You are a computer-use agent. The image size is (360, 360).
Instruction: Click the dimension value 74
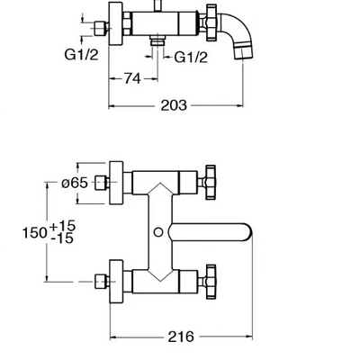coord(132,78)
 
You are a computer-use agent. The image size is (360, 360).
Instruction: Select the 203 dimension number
coord(174,105)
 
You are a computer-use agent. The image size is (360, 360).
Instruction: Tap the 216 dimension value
coord(181,337)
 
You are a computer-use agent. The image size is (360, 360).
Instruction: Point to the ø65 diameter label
coord(75,183)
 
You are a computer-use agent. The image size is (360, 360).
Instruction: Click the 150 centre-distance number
coord(35,232)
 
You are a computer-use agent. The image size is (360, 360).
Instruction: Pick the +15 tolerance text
coord(62,226)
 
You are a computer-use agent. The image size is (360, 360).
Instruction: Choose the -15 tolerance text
coord(62,238)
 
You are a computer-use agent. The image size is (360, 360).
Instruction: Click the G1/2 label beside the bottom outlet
coord(191,57)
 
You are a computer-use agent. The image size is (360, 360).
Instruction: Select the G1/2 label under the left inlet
coord(81,54)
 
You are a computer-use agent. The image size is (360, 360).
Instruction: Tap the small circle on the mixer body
coord(158,232)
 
